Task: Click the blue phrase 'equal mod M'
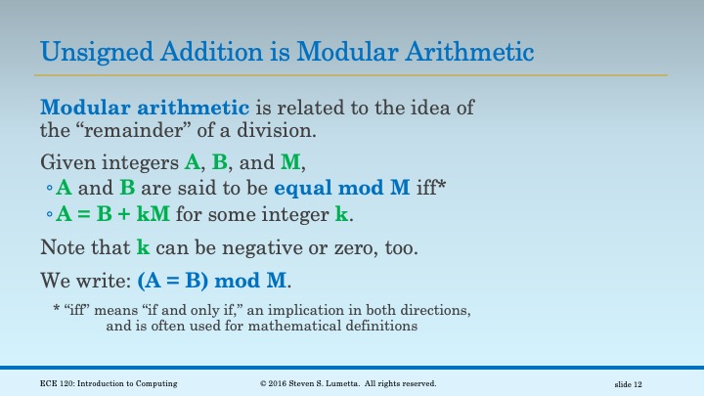point(337,188)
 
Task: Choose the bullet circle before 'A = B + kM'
point(50,214)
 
